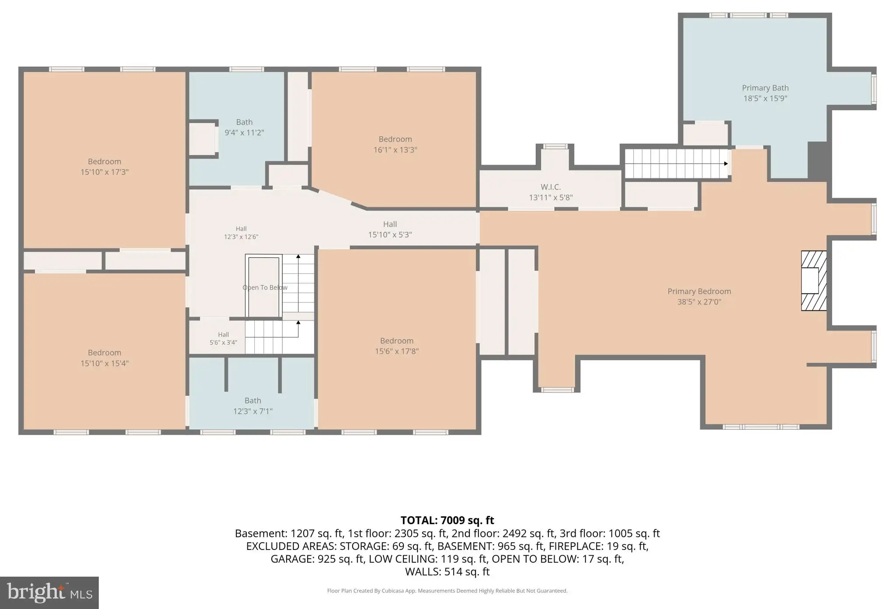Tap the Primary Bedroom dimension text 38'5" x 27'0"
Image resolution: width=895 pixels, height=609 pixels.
[x=699, y=302]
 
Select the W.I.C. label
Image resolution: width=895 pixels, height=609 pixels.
[x=551, y=187]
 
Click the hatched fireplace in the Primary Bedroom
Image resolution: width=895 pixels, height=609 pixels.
[x=814, y=281]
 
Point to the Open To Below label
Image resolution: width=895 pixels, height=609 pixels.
[x=265, y=287]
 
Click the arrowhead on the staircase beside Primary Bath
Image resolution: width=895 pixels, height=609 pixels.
[x=726, y=164]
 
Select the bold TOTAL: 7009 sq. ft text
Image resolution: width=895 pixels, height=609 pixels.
[x=447, y=520]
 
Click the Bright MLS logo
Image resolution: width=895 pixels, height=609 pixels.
[x=49, y=593]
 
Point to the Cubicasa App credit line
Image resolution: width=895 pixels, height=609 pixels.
[x=447, y=591]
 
